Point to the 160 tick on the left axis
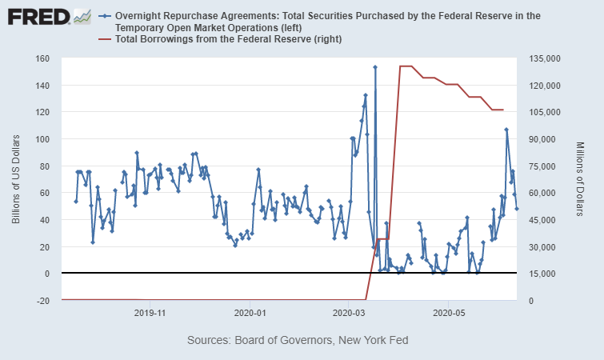tap(42, 58)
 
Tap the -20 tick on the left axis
tap(42, 301)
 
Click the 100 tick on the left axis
tap(42, 139)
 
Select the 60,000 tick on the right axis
tap(540, 193)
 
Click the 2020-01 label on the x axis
tap(250, 312)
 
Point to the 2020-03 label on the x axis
tap(349, 312)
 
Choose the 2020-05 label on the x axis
tap(448, 312)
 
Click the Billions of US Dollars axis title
tap(16, 179)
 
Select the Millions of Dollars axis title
tap(580, 179)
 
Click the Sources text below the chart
tap(298, 340)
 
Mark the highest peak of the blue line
tap(374, 67)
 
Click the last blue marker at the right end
tap(517, 209)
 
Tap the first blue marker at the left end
tap(76, 201)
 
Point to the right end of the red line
tap(502, 110)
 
